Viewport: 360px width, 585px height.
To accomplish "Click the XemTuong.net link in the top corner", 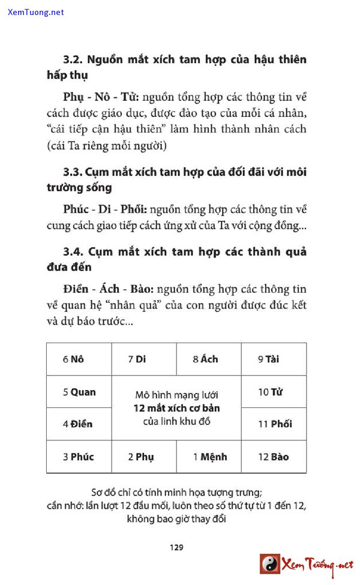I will coord(35,12).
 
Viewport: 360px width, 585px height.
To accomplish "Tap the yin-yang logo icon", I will coord(270,564).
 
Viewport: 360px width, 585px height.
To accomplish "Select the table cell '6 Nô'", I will coord(79,359).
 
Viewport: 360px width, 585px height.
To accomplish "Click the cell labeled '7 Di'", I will coord(144,359).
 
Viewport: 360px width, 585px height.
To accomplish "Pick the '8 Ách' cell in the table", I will coord(209,359).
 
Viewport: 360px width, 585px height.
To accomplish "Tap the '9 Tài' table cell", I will coord(274,359).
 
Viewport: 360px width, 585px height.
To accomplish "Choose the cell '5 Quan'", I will coord(79,392).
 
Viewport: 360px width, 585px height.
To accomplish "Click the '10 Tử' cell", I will coord(274,392).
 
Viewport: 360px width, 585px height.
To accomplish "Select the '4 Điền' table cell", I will coord(79,424).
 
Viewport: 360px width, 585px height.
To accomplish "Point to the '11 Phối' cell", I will coord(274,424).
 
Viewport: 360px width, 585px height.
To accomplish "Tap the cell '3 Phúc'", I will coord(79,457).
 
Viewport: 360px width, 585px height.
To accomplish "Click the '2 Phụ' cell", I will coord(144,457).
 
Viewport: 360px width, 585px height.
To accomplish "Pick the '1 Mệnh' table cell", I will coord(209,457).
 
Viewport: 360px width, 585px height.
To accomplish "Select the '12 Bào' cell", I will coord(274,457).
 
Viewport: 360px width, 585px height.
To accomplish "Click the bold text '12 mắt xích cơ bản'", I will coord(176,408).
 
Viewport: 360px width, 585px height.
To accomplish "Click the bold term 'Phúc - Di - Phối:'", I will coord(104,209).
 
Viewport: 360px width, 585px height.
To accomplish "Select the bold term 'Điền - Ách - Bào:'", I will coord(105,290).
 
